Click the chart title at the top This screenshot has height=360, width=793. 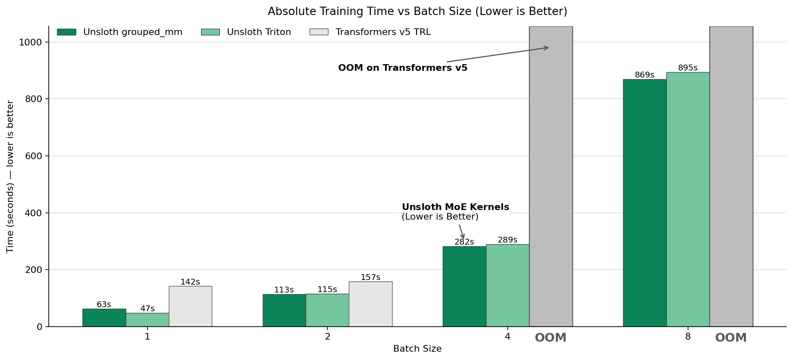click(417, 12)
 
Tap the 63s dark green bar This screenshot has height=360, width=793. click(104, 317)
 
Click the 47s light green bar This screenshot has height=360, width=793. click(147, 320)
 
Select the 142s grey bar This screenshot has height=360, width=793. click(190, 306)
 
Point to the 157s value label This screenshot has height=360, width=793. click(370, 277)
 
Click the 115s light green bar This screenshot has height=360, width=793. click(327, 310)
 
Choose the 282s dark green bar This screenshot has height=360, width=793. click(464, 286)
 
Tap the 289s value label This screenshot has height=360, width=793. click(507, 240)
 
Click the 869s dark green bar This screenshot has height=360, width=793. click(645, 203)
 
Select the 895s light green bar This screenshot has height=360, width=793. click(688, 199)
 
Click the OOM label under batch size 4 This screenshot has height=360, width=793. click(551, 338)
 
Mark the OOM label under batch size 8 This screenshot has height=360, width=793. click(731, 338)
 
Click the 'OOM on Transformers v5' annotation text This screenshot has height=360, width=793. click(403, 68)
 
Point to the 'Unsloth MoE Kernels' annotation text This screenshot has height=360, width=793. click(455, 207)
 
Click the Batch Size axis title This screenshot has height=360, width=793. click(417, 349)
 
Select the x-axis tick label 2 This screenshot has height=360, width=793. click(327, 337)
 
